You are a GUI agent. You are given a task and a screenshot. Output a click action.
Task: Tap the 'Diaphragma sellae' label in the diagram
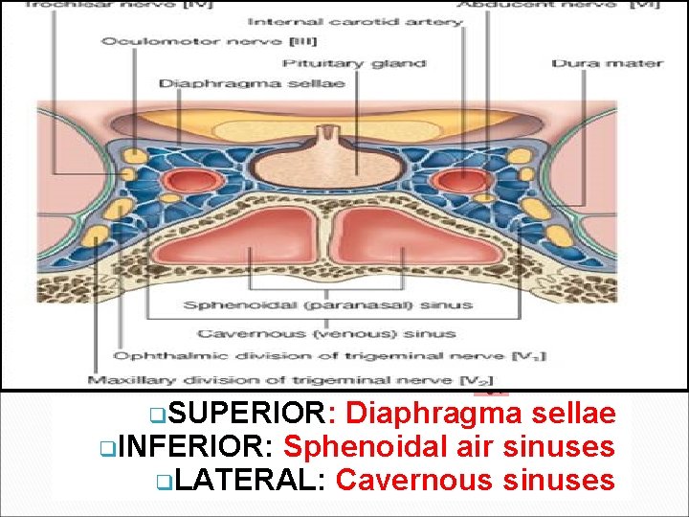[251, 83]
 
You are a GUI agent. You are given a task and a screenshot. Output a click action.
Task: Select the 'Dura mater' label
[606, 63]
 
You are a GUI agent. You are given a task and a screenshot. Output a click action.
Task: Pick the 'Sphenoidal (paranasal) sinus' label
[328, 305]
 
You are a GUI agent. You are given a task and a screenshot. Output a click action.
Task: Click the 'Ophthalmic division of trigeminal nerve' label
[329, 356]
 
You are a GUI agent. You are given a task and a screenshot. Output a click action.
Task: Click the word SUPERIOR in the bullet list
[252, 415]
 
